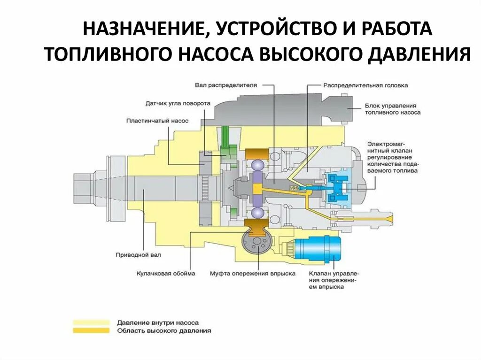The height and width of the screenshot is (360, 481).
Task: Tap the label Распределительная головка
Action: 365,86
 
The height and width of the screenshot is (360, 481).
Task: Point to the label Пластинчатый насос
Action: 157,121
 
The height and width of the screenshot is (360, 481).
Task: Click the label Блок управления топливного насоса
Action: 392,109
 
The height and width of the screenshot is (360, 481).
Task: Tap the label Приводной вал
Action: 138,255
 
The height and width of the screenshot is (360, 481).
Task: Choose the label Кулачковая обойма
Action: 166,273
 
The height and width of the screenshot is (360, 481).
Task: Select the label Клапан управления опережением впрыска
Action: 334,280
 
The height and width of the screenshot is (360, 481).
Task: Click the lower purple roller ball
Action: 258,213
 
